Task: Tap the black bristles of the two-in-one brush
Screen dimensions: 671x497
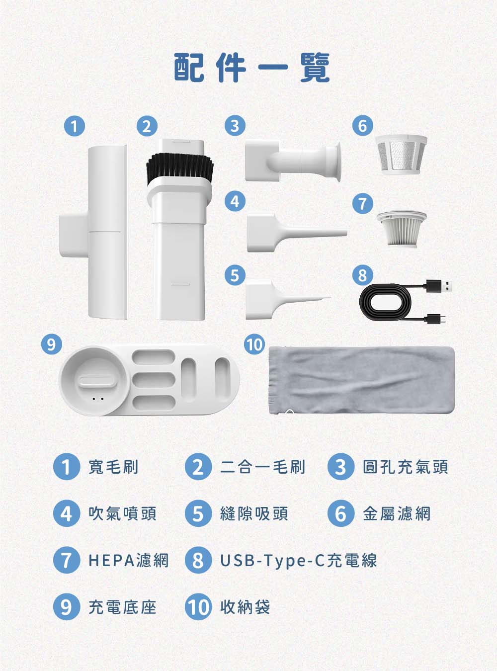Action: click(x=180, y=167)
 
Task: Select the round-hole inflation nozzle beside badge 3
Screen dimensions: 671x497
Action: click(x=293, y=162)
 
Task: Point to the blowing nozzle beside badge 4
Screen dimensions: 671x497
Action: click(x=293, y=232)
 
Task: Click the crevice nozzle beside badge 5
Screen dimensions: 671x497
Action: click(x=283, y=298)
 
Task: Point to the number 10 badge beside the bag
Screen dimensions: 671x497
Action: click(x=254, y=344)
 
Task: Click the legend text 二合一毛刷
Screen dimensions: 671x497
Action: click(x=262, y=467)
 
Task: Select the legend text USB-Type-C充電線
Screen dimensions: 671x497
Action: click(x=298, y=561)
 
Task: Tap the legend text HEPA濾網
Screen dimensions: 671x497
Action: click(x=129, y=561)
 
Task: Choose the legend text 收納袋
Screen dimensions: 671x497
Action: click(x=245, y=607)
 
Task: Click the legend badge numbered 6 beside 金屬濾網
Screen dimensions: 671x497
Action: click(x=340, y=513)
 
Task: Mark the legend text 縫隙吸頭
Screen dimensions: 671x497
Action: click(x=254, y=513)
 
